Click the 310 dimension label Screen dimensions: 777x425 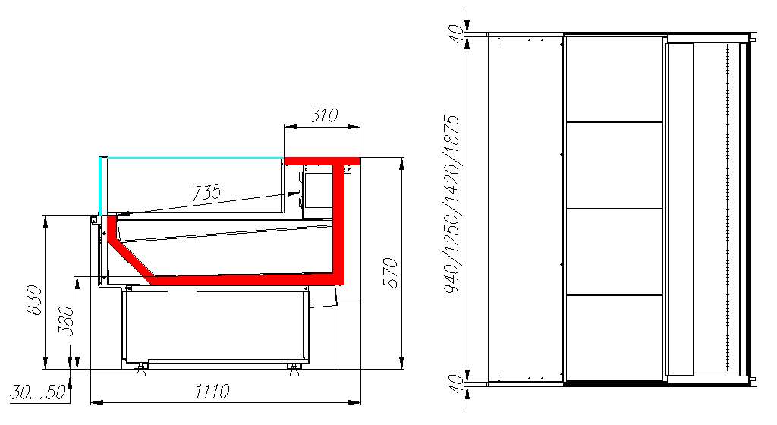(x=323, y=115)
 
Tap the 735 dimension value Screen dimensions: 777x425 (x=206, y=192)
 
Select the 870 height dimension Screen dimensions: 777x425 (x=391, y=272)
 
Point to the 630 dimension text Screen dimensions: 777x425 (x=33, y=300)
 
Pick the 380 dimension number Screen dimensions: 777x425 (x=66, y=321)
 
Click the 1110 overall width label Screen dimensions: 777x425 (x=212, y=392)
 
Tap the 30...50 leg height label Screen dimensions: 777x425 (x=38, y=392)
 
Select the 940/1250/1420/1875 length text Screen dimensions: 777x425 (x=451, y=205)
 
